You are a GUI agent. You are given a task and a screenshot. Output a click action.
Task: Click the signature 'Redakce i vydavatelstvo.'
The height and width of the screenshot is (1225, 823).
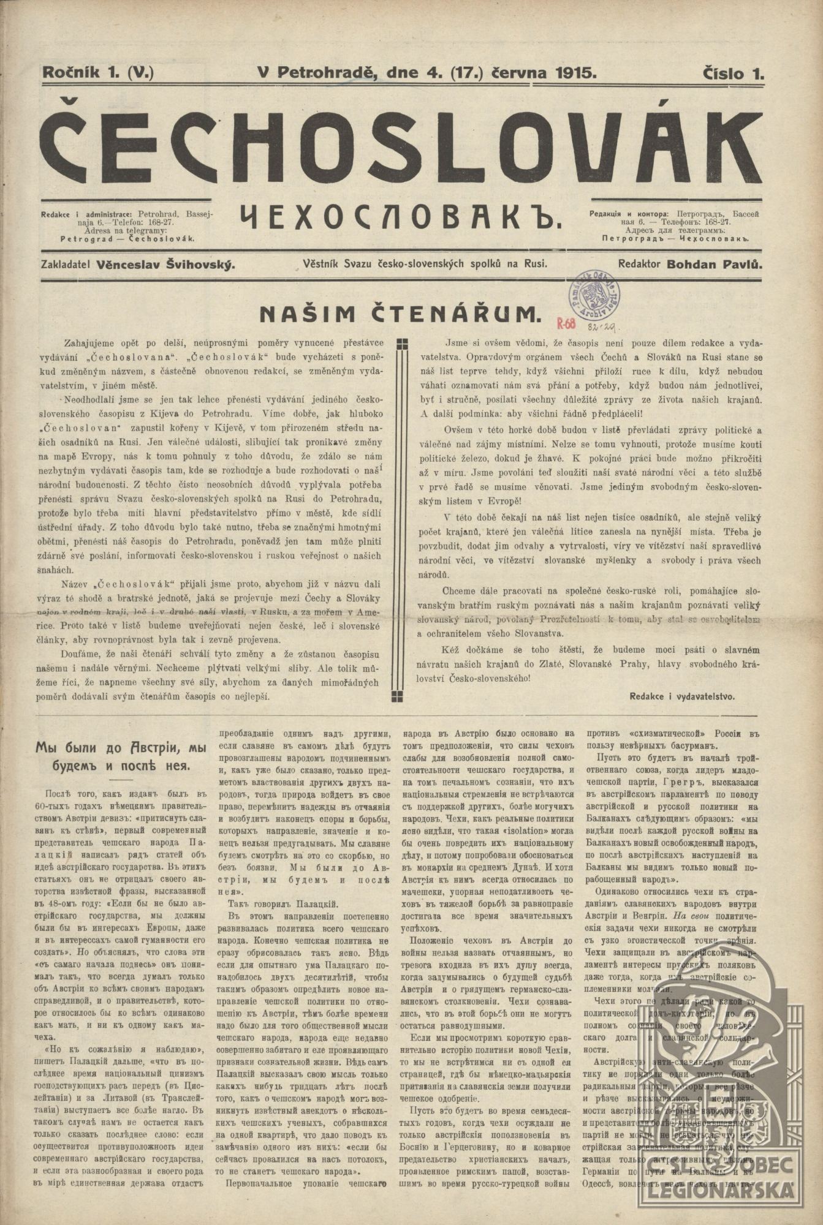(681, 696)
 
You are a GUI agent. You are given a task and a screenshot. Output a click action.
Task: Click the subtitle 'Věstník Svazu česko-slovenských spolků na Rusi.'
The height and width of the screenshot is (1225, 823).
(425, 265)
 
